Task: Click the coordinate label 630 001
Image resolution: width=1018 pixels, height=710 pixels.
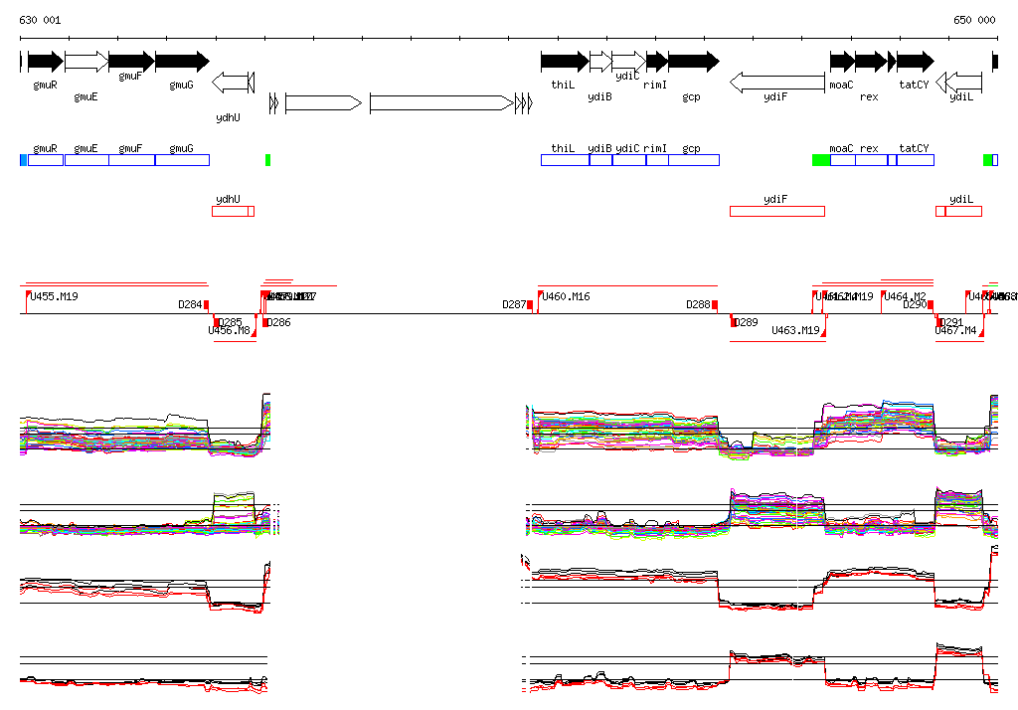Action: point(40,20)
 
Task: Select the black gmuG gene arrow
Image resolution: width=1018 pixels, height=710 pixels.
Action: point(182,62)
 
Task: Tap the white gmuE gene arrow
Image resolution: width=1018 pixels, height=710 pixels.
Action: point(86,62)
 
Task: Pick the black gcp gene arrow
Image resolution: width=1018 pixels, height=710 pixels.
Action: point(693,62)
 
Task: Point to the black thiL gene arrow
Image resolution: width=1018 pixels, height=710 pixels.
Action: point(564,62)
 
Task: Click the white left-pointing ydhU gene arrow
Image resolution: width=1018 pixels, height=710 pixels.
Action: point(233,82)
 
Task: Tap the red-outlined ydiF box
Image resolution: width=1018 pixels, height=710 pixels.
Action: point(776,211)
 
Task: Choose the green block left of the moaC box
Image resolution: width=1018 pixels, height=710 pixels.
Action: point(821,160)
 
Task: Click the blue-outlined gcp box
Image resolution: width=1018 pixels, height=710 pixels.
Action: point(694,160)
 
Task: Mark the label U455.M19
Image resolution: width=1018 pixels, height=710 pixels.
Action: point(54,296)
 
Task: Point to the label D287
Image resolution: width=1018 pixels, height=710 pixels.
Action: point(514,304)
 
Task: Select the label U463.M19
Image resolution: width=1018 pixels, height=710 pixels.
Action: point(795,330)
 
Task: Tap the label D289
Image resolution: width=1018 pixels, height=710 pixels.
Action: point(746,322)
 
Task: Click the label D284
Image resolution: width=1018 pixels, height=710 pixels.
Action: point(190,304)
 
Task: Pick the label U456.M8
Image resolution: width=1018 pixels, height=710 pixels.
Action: point(229,330)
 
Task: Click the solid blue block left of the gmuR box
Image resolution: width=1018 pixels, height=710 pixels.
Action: point(24,160)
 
